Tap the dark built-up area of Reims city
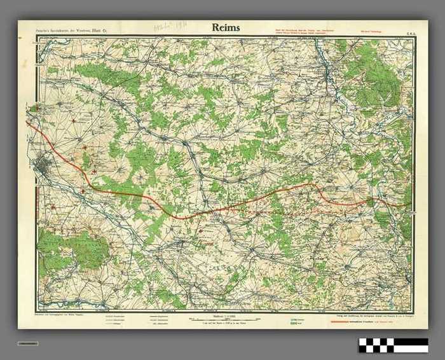click(45, 167)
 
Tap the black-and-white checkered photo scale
click(393, 345)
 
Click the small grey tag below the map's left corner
click(28, 343)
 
